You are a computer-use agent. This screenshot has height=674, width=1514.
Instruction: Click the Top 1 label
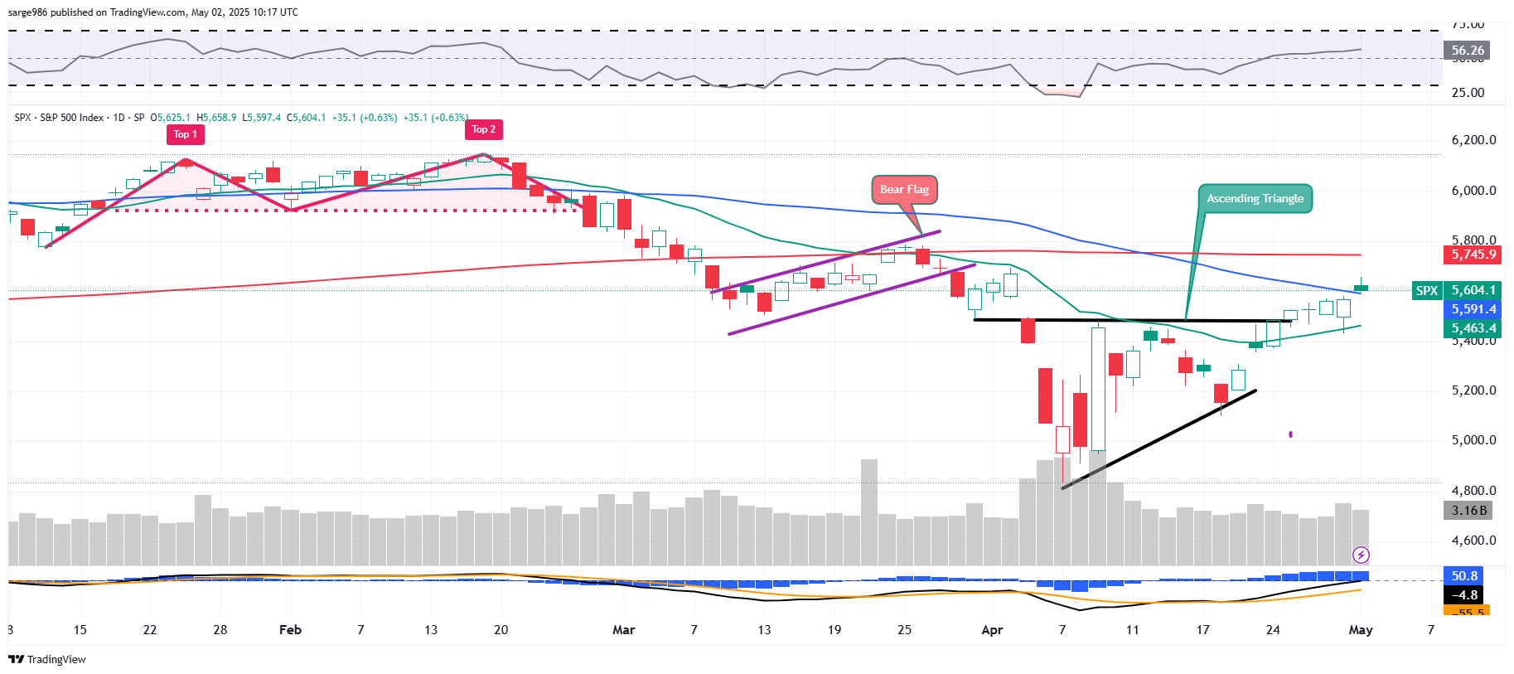[186, 134]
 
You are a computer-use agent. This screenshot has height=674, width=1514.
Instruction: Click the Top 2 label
[484, 129]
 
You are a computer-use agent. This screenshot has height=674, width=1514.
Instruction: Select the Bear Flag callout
[904, 189]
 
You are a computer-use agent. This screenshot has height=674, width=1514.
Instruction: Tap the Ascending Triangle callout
[1255, 198]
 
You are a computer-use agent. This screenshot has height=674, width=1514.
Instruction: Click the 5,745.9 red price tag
[1473, 255]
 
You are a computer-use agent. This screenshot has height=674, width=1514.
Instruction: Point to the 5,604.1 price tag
[1473, 290]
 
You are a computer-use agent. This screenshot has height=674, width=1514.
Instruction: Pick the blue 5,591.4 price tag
[1473, 309]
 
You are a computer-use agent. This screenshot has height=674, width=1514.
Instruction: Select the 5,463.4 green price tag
[1473, 328]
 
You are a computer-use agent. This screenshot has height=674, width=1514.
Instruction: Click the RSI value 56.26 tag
[1467, 51]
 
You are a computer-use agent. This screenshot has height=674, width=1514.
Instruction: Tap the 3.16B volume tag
[1468, 511]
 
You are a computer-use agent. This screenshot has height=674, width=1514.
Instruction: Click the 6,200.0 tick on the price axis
[1473, 140]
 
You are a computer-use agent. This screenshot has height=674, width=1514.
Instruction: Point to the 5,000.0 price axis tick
[1473, 440]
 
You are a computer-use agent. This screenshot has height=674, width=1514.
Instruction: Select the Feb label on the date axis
[290, 630]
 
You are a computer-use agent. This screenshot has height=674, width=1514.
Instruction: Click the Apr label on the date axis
[992, 630]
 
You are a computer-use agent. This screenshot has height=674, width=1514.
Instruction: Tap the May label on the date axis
[1361, 630]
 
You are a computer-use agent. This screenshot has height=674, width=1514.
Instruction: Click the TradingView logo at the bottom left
[47, 659]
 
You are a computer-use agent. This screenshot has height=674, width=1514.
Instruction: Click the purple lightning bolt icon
[1361, 555]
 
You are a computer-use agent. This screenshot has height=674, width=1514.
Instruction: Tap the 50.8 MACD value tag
[1464, 575]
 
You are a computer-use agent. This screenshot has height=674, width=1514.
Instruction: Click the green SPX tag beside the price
[1427, 290]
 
